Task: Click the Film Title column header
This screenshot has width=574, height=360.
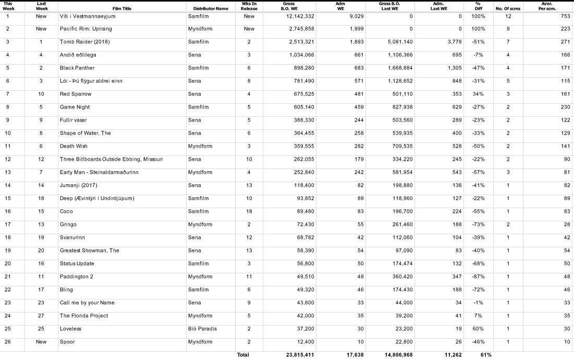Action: coord(121,8)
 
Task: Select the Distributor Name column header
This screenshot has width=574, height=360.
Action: coord(211,8)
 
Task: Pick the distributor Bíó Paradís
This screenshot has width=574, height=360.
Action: coord(202,329)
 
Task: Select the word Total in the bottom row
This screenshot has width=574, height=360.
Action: coord(243,355)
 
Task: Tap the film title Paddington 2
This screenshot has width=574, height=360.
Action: coord(76,277)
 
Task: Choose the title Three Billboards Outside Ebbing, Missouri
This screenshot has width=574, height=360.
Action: coord(111,159)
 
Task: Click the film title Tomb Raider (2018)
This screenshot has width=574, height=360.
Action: coord(85,42)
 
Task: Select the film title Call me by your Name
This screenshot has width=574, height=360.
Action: coord(87,303)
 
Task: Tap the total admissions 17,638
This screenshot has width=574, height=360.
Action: coord(355,355)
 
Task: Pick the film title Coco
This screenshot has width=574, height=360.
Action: coord(66,211)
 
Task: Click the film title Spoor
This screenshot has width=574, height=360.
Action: coord(67,342)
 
